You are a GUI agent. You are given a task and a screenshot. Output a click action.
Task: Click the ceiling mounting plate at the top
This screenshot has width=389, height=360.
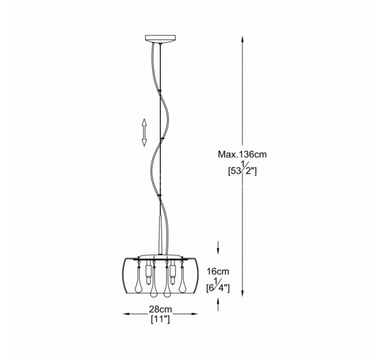(161, 39)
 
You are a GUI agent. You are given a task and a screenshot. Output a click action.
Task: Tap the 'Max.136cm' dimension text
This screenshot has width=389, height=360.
(243, 154)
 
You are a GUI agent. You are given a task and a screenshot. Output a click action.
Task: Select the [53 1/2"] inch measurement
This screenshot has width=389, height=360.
(243, 169)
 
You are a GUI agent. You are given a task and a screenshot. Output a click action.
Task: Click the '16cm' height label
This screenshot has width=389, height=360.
(218, 271)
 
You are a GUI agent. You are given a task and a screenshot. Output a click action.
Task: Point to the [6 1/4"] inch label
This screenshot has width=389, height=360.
(218, 286)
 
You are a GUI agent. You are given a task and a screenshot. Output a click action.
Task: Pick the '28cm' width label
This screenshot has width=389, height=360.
(160, 309)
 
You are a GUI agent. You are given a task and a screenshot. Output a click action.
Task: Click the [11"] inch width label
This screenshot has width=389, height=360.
(160, 319)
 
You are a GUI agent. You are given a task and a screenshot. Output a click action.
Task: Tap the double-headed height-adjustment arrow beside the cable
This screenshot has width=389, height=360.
(144, 133)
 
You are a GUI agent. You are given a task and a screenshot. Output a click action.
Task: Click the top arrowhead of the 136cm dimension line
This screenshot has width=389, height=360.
(243, 39)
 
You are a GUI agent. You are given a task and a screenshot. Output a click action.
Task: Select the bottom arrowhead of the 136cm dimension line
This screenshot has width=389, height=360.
(243, 293)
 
